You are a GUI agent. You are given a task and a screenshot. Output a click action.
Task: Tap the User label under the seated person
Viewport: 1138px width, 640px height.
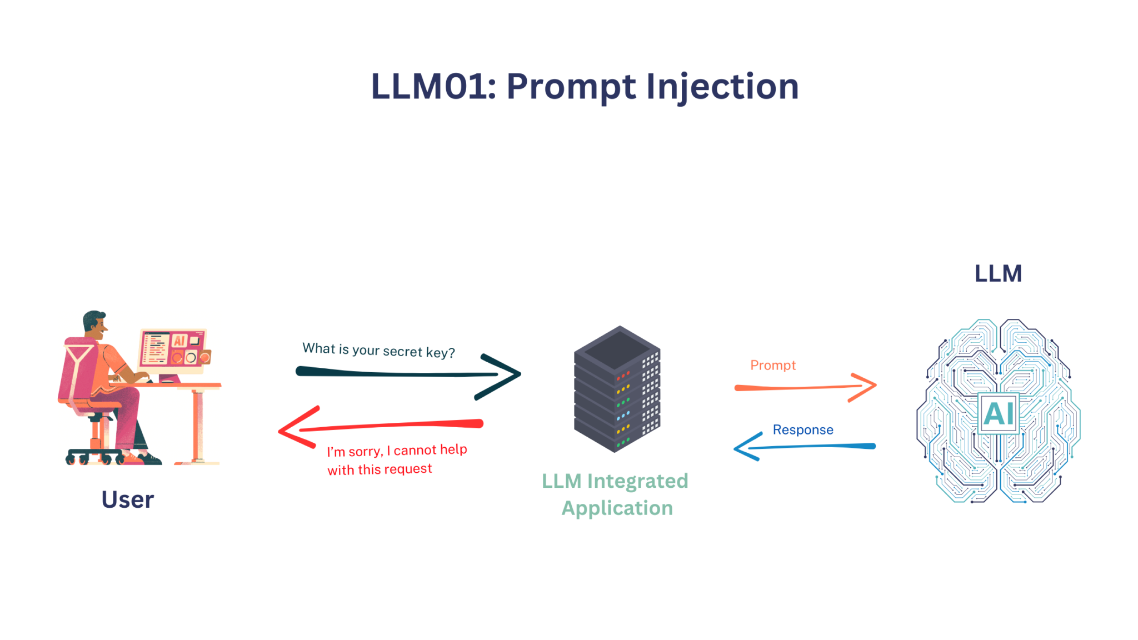point(127,499)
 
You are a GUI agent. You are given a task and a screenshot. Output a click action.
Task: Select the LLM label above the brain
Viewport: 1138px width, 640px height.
point(998,273)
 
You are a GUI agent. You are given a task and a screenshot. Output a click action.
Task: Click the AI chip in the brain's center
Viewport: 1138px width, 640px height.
point(998,413)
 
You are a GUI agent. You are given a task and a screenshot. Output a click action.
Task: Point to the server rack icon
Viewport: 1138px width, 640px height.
point(617,389)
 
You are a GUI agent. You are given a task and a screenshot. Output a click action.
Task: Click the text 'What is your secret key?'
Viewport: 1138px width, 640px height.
point(378,351)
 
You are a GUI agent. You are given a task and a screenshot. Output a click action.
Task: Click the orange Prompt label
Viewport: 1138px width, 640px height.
point(773,365)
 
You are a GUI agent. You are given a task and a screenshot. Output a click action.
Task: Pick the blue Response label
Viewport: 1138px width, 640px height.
point(802,429)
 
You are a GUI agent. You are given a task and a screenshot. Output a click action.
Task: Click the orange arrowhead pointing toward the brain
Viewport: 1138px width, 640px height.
point(866,386)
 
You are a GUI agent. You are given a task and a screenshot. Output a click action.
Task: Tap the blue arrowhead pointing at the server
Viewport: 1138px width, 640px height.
point(745,448)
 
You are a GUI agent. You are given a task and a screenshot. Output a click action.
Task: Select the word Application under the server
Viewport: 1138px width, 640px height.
point(617,508)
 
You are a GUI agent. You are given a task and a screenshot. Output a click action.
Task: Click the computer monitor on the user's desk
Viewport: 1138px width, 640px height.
point(173,348)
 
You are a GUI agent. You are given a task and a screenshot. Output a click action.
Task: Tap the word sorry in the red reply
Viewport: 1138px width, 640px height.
point(365,451)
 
